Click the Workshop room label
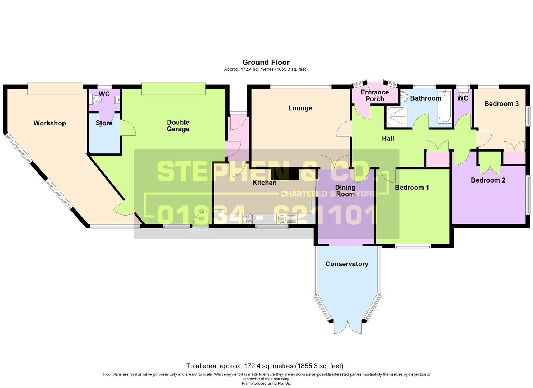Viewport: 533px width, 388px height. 50,123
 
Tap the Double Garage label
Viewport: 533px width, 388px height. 178,126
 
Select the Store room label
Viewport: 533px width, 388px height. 104,123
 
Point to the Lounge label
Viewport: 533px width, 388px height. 300,108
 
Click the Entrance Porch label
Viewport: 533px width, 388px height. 375,96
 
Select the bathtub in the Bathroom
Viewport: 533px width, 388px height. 445,107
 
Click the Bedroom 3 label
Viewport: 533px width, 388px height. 501,104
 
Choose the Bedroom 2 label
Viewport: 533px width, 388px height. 488,180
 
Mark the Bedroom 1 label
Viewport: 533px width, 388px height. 412,188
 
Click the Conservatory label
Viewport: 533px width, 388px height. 347,264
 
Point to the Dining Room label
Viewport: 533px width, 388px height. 345,191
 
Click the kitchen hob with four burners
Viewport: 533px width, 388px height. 247,219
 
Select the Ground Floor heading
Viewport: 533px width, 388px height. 266,62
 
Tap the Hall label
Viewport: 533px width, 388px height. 388,139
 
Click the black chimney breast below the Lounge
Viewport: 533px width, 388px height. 285,174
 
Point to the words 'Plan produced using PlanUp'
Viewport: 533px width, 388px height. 266,383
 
